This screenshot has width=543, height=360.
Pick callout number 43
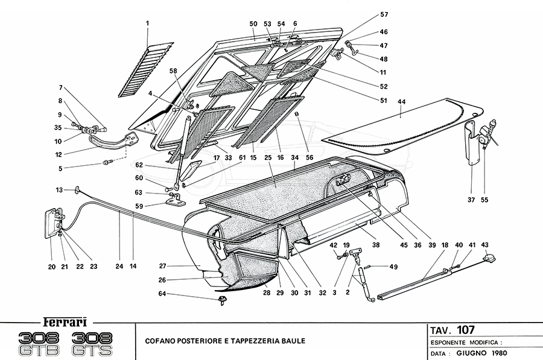click(x=484, y=245)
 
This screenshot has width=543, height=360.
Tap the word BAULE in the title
click(x=293, y=341)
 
